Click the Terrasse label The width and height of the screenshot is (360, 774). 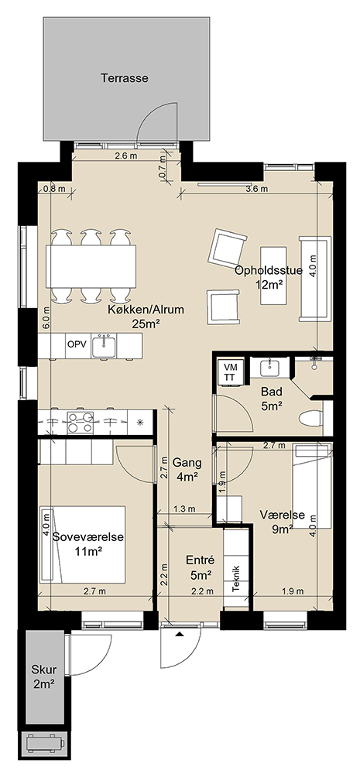(x=125, y=78)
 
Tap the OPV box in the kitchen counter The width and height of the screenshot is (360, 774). (x=77, y=345)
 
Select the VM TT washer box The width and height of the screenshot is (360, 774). (x=231, y=372)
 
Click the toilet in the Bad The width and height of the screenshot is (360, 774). (x=311, y=419)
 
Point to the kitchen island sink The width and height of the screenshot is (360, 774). (x=105, y=344)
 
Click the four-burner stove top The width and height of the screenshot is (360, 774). (x=80, y=422)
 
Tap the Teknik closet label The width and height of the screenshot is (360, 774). (x=236, y=579)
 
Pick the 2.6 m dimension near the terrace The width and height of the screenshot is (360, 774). (x=125, y=156)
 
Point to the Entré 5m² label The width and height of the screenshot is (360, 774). (x=200, y=567)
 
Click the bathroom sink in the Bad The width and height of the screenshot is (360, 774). (x=269, y=368)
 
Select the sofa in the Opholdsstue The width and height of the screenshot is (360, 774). (x=315, y=279)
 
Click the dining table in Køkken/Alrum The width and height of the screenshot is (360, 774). (x=91, y=266)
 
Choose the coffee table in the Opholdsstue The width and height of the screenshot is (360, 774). (x=274, y=276)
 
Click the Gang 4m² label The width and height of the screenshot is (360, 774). (x=187, y=470)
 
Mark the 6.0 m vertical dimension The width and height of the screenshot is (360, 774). (x=46, y=319)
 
